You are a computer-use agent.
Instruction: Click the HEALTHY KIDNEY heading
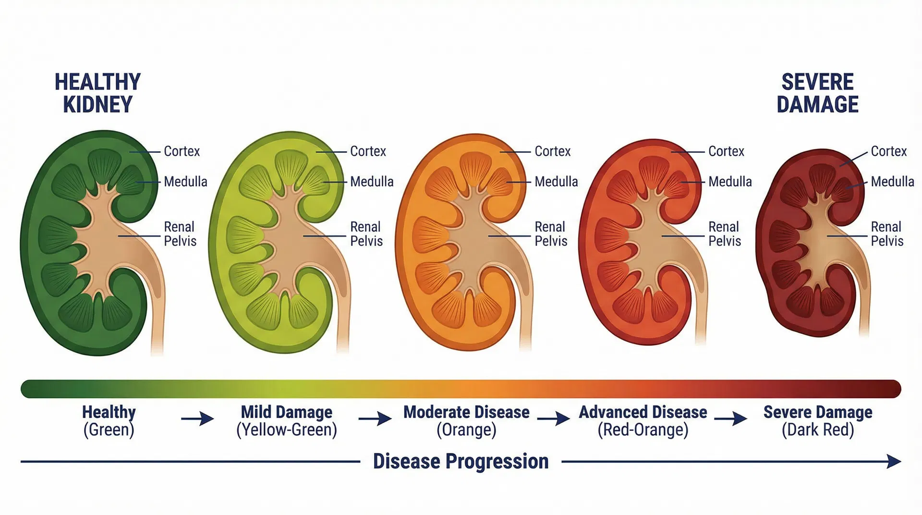[x=97, y=93]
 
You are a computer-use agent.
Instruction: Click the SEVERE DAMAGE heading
[x=817, y=93]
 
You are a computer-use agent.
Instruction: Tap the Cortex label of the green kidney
[x=182, y=151]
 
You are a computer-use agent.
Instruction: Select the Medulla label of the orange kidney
[x=556, y=182]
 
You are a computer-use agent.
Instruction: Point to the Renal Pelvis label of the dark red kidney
[x=887, y=233]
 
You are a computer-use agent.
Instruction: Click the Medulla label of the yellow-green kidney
[x=372, y=182]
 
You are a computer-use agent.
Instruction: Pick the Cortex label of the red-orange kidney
[x=726, y=151]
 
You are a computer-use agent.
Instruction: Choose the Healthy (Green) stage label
[x=109, y=420]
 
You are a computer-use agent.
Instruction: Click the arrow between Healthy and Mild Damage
[x=197, y=419]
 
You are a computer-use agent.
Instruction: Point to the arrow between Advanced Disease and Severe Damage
[x=730, y=419]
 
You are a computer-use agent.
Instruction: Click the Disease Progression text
[x=461, y=461]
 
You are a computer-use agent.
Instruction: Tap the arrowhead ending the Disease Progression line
[x=894, y=462]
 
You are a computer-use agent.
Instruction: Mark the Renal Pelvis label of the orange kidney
[x=551, y=233]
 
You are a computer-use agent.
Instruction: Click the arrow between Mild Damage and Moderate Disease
[x=375, y=419]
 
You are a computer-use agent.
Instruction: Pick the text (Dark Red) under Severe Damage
[x=818, y=429]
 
